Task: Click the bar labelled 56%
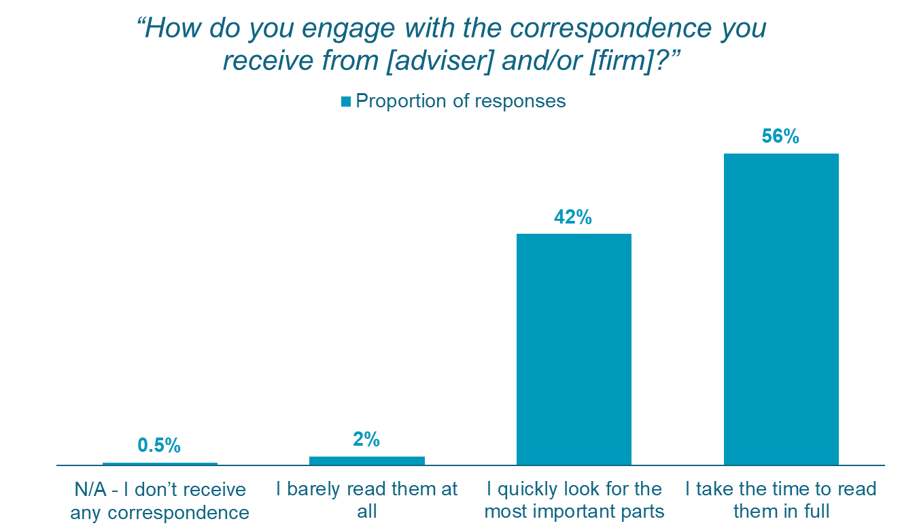pyautogui.click(x=781, y=309)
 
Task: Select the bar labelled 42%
pyautogui.click(x=574, y=349)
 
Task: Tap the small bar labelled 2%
pyautogui.click(x=367, y=461)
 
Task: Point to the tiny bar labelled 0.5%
pyautogui.click(x=160, y=464)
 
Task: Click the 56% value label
pyautogui.click(x=780, y=137)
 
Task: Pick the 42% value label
pyautogui.click(x=574, y=217)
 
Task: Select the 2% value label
pyautogui.click(x=366, y=440)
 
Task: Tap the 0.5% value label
pyautogui.click(x=159, y=446)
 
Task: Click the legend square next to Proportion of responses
pyautogui.click(x=346, y=101)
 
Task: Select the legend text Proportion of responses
pyautogui.click(x=461, y=101)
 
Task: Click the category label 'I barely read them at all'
pyautogui.click(x=367, y=499)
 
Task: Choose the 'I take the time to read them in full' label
pyautogui.click(x=781, y=499)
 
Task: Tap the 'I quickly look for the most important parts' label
pyautogui.click(x=574, y=499)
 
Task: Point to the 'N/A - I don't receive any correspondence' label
pyautogui.click(x=160, y=499)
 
